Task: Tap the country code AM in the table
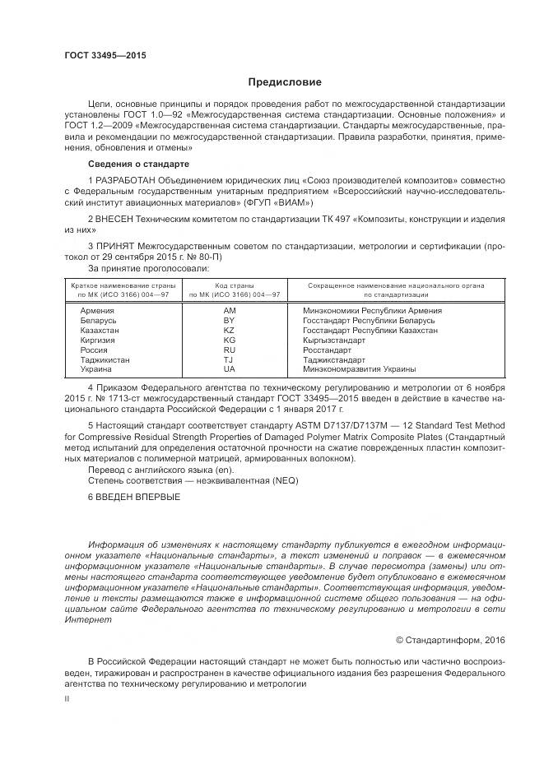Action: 230,311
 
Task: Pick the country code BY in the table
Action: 230,321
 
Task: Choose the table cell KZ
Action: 230,331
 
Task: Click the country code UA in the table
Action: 230,370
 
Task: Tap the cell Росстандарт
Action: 332,350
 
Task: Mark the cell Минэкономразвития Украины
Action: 360,370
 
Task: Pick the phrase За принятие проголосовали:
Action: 148,268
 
